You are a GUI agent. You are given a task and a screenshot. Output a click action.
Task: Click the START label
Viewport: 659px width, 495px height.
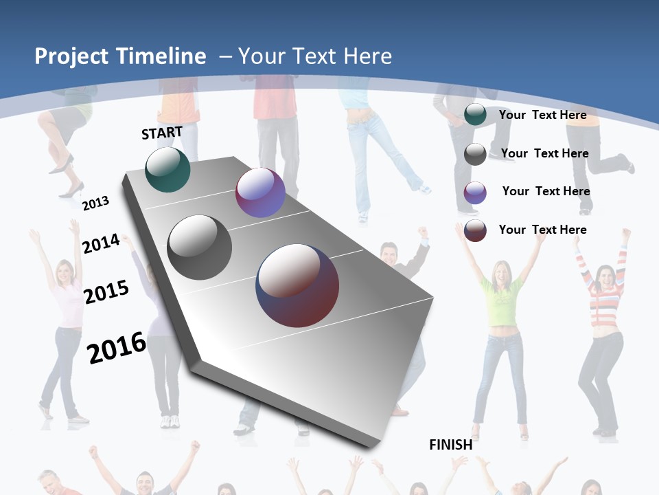tap(162, 133)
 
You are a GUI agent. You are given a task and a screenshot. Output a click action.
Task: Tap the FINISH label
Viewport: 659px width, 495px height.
tap(451, 445)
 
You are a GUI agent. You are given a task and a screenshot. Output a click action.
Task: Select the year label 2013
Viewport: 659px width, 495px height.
tap(95, 203)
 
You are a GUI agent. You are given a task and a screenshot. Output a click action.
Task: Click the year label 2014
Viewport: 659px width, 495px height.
tap(101, 243)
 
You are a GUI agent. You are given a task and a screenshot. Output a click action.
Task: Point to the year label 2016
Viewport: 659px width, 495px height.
tap(117, 348)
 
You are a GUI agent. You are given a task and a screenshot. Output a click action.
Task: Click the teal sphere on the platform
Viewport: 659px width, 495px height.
tap(167, 169)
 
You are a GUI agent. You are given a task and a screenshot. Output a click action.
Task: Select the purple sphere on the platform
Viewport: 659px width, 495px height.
tap(260, 192)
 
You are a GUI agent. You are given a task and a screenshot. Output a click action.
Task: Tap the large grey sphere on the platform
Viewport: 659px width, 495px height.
tap(200, 247)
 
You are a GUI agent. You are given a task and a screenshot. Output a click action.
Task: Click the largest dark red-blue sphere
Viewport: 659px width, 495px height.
tap(297, 285)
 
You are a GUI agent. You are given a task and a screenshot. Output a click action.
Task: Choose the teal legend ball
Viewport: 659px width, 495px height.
tap(475, 114)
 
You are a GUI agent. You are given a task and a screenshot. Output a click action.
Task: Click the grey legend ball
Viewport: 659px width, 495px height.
tap(475, 154)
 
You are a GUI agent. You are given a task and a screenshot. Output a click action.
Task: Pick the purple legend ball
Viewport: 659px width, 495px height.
tap(475, 192)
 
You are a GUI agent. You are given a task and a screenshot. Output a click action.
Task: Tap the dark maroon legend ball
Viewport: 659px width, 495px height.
tap(475, 230)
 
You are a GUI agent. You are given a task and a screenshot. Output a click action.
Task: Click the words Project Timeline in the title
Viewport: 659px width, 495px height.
tap(120, 56)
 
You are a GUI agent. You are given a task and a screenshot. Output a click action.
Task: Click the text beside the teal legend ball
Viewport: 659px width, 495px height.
tap(542, 115)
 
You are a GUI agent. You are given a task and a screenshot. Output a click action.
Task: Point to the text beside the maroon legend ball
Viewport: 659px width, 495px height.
tap(542, 230)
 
